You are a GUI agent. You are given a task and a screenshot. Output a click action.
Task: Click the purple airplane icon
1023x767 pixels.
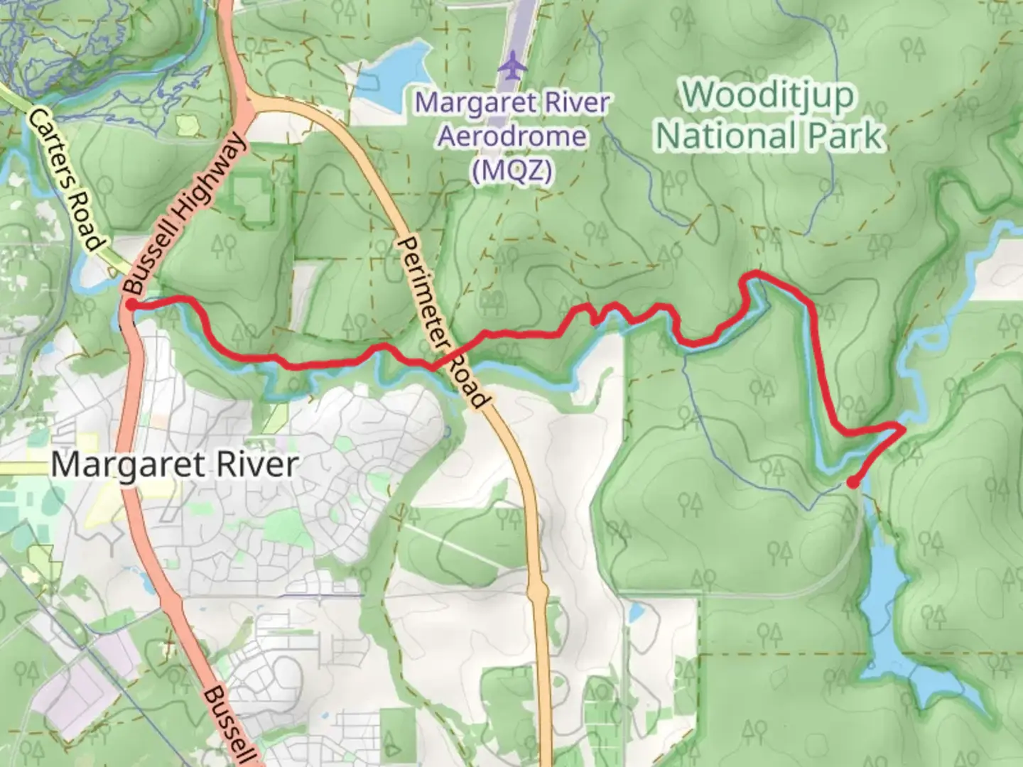[511, 67]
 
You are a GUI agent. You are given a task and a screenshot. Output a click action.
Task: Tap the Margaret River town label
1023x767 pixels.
[174, 465]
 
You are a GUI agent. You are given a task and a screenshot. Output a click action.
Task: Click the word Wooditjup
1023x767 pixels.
[769, 96]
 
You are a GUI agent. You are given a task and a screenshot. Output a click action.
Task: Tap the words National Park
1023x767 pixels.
[770, 136]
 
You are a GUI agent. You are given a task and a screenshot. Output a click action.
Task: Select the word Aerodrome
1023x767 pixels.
[512, 136]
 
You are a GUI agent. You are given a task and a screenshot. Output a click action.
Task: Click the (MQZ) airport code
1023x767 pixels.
[512, 170]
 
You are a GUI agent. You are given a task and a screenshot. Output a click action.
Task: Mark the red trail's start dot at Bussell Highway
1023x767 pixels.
[131, 305]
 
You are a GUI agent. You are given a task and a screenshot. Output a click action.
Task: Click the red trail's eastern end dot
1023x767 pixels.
[852, 483]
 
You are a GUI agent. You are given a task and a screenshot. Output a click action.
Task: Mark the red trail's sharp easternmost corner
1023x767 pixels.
[903, 428]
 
